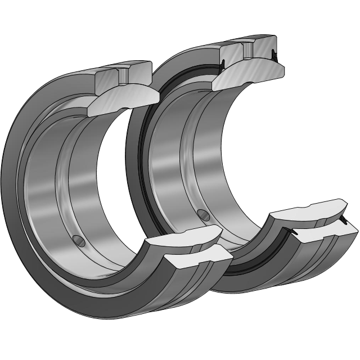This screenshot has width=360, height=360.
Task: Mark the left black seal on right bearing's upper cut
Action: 224,63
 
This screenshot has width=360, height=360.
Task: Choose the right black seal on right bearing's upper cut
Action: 274,55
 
